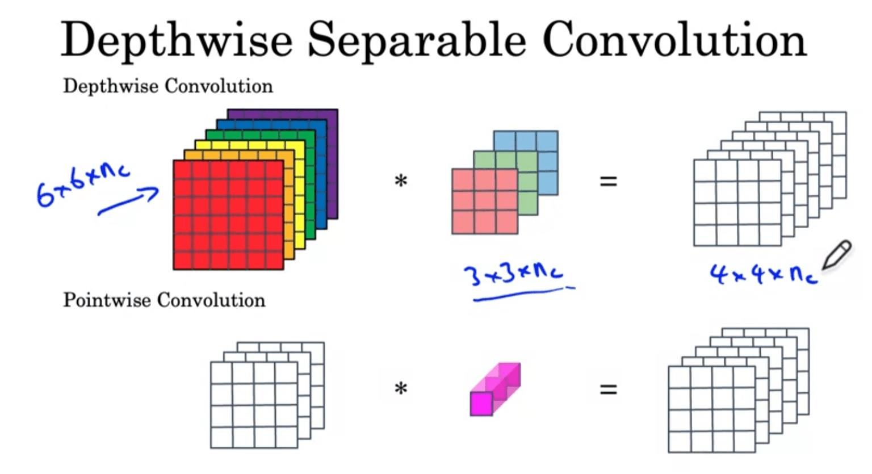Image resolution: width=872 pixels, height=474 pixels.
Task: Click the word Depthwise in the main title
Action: pos(177,41)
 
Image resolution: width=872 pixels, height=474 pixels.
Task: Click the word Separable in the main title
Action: pos(417,41)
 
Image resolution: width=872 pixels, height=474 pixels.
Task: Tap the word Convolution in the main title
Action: pos(674,39)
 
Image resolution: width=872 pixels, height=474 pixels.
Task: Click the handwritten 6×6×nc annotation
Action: pos(82,186)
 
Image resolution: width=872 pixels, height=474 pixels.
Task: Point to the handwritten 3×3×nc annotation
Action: pos(513,274)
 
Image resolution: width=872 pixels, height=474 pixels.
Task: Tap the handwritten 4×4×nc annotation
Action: pos(764,274)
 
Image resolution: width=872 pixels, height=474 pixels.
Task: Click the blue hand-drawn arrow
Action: pos(128,201)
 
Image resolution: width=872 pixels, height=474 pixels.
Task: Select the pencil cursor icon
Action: pos(837,255)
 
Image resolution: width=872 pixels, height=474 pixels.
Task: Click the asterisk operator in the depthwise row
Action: pos(401,181)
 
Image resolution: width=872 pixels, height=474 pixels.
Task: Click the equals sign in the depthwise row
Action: pos(609,181)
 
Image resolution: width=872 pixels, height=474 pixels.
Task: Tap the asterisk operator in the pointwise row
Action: pos(401,388)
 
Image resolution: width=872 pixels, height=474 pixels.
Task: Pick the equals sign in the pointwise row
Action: pos(609,389)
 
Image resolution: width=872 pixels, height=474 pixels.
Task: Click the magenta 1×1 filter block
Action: pos(495,389)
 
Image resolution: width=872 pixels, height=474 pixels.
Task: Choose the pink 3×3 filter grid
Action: pos(485,201)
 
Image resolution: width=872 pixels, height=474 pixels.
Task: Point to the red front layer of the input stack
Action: pos(229,215)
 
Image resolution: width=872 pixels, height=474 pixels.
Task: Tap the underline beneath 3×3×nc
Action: pos(523,294)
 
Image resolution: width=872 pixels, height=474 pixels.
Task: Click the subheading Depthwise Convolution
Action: pos(168,86)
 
